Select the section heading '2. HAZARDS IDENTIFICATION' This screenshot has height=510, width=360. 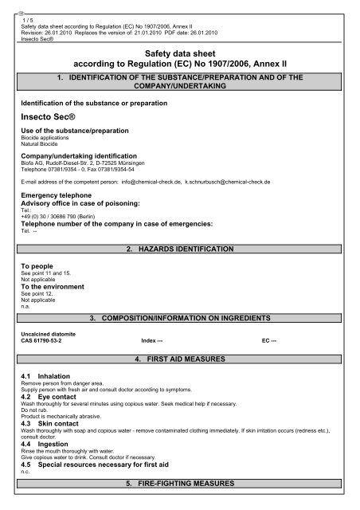pos(180,249)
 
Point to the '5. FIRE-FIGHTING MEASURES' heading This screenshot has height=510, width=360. pos(180,484)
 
